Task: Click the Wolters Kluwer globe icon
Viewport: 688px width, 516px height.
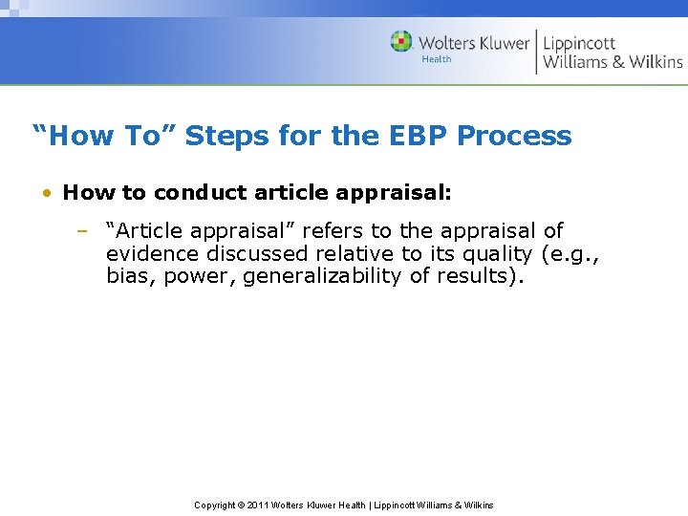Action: pos(401,41)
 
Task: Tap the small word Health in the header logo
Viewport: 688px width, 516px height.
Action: pos(437,59)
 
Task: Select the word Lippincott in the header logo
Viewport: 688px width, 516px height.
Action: pos(579,42)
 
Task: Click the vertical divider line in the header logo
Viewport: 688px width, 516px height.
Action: pos(536,52)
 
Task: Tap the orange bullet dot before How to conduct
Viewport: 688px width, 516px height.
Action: pos(47,193)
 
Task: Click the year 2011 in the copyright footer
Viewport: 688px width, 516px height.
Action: pos(257,505)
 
